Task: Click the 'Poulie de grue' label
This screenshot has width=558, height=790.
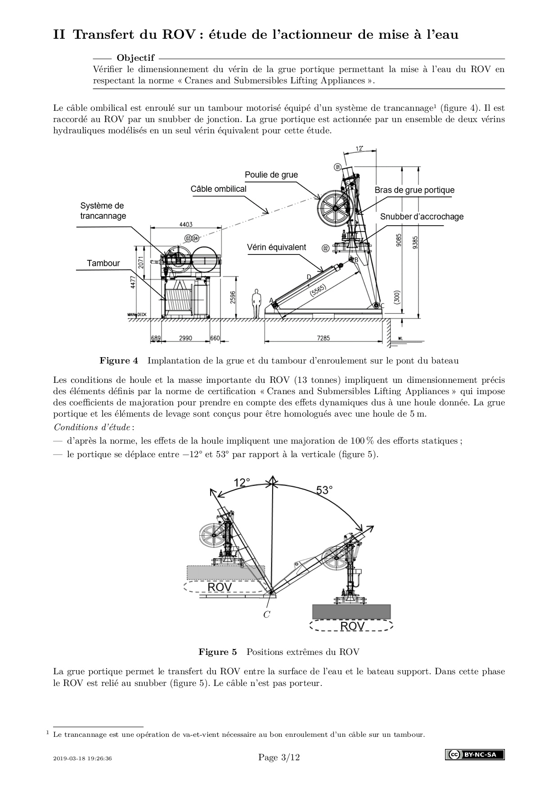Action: (271, 175)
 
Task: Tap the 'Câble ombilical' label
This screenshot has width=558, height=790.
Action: (218, 189)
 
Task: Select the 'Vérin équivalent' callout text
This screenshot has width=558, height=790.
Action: (276, 247)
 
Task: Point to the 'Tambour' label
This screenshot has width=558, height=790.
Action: (103, 263)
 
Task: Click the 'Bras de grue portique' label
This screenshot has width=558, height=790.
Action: (414, 190)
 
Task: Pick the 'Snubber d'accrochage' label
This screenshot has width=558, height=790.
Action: (422, 217)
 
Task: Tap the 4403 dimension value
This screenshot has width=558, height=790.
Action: (186, 224)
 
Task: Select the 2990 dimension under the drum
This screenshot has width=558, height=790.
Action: (185, 338)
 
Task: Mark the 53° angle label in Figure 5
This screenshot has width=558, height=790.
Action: (324, 490)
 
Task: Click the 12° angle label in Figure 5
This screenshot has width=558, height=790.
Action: (242, 483)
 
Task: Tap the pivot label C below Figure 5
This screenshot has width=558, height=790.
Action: (266, 615)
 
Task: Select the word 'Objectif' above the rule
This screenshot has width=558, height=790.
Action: (135, 58)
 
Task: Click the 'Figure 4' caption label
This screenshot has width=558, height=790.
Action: (119, 361)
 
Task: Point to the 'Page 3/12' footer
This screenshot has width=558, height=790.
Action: (279, 758)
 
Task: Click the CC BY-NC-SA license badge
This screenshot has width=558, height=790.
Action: (475, 754)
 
